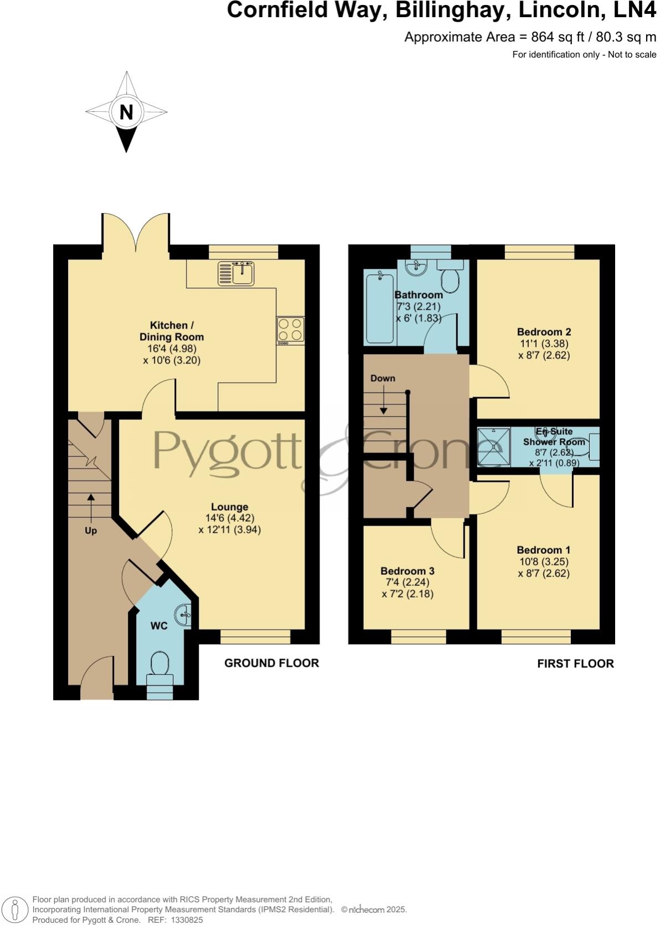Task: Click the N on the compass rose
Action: point(126,112)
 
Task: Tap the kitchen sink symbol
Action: point(236,273)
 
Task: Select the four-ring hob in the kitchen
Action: point(291,330)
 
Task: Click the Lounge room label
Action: point(229,507)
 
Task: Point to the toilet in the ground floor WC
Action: point(159,663)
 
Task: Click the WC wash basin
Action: point(184,615)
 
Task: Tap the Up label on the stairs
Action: point(91,531)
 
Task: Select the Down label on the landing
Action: point(383,378)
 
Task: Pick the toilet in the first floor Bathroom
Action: point(451,279)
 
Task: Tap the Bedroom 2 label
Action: point(544,332)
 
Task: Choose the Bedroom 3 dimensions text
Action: point(408,588)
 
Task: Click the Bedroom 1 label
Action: point(543,550)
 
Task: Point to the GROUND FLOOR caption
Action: point(271,663)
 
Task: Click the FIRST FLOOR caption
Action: point(575,663)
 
